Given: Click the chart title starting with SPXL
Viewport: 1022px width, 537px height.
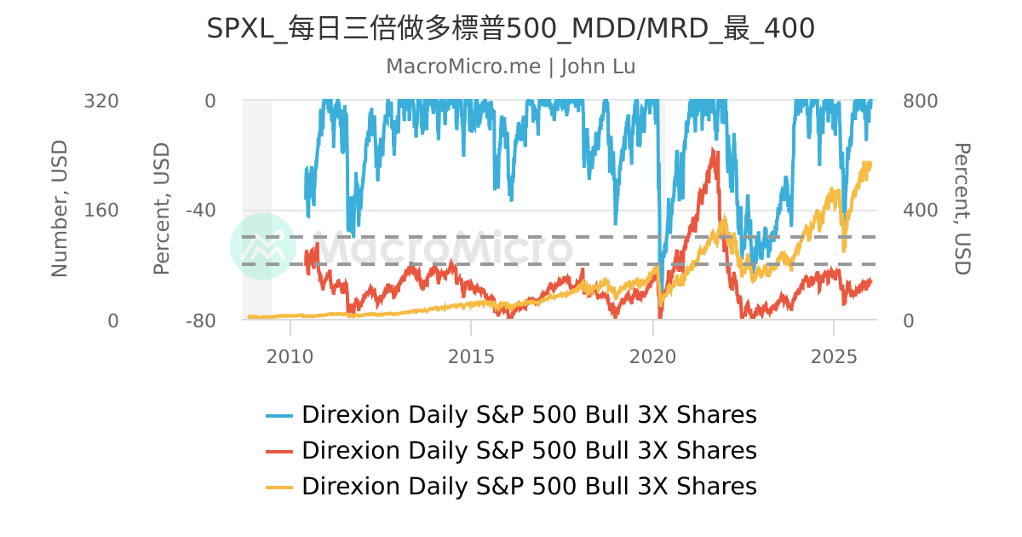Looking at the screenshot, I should pyautogui.click(x=511, y=28).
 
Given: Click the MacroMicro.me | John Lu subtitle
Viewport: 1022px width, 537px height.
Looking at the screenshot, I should pyautogui.click(x=511, y=66).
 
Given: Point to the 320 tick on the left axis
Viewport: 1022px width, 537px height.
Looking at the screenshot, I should pyautogui.click(x=100, y=101).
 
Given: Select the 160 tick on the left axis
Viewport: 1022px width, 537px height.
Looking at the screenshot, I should pyautogui.click(x=100, y=211).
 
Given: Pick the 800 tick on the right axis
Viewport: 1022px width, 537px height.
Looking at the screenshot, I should pyautogui.click(x=920, y=101).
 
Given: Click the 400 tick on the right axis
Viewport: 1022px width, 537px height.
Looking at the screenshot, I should pyautogui.click(x=920, y=211).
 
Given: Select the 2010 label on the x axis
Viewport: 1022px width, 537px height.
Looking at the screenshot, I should pyautogui.click(x=290, y=355).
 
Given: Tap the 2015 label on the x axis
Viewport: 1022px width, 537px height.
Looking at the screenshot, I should pyautogui.click(x=471, y=355).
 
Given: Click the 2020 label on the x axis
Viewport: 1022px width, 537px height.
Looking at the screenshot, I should pyautogui.click(x=652, y=355).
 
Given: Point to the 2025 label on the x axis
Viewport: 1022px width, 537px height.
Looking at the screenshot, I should pyautogui.click(x=834, y=355).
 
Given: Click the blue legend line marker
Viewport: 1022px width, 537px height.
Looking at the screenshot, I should pyautogui.click(x=279, y=416).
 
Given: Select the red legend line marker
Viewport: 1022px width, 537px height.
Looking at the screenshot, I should pyautogui.click(x=279, y=451).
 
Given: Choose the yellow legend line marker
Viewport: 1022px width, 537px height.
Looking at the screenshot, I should pyautogui.click(x=279, y=487).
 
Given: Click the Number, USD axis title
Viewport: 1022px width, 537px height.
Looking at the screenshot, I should pyautogui.click(x=59, y=209).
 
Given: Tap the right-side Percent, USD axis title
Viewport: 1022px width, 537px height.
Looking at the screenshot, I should pyautogui.click(x=961, y=209).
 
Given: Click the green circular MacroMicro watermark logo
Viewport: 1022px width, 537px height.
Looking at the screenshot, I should pyautogui.click(x=263, y=246).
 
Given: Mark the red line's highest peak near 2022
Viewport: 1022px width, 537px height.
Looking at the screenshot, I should pyautogui.click(x=715, y=151).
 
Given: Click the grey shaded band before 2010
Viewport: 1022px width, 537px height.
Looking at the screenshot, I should pyautogui.click(x=257, y=209).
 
